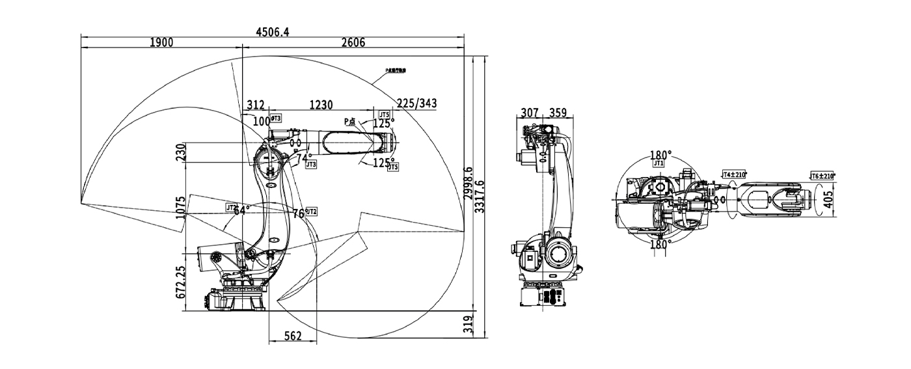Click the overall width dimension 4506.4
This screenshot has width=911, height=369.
point(273,31)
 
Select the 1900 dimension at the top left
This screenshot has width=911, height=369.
point(161,43)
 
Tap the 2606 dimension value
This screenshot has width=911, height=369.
point(353,43)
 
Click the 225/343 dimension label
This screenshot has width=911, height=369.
point(416,103)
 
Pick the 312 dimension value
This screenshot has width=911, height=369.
point(256,104)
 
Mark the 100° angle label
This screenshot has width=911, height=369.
point(261,121)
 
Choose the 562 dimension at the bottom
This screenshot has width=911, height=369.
point(293,336)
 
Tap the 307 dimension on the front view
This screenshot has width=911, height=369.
point(530,113)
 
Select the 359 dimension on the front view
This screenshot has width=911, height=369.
point(558,113)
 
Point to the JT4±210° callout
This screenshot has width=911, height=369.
point(735,174)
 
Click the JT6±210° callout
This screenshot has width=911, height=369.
point(823,176)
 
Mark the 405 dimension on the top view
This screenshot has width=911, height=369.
point(828,197)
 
